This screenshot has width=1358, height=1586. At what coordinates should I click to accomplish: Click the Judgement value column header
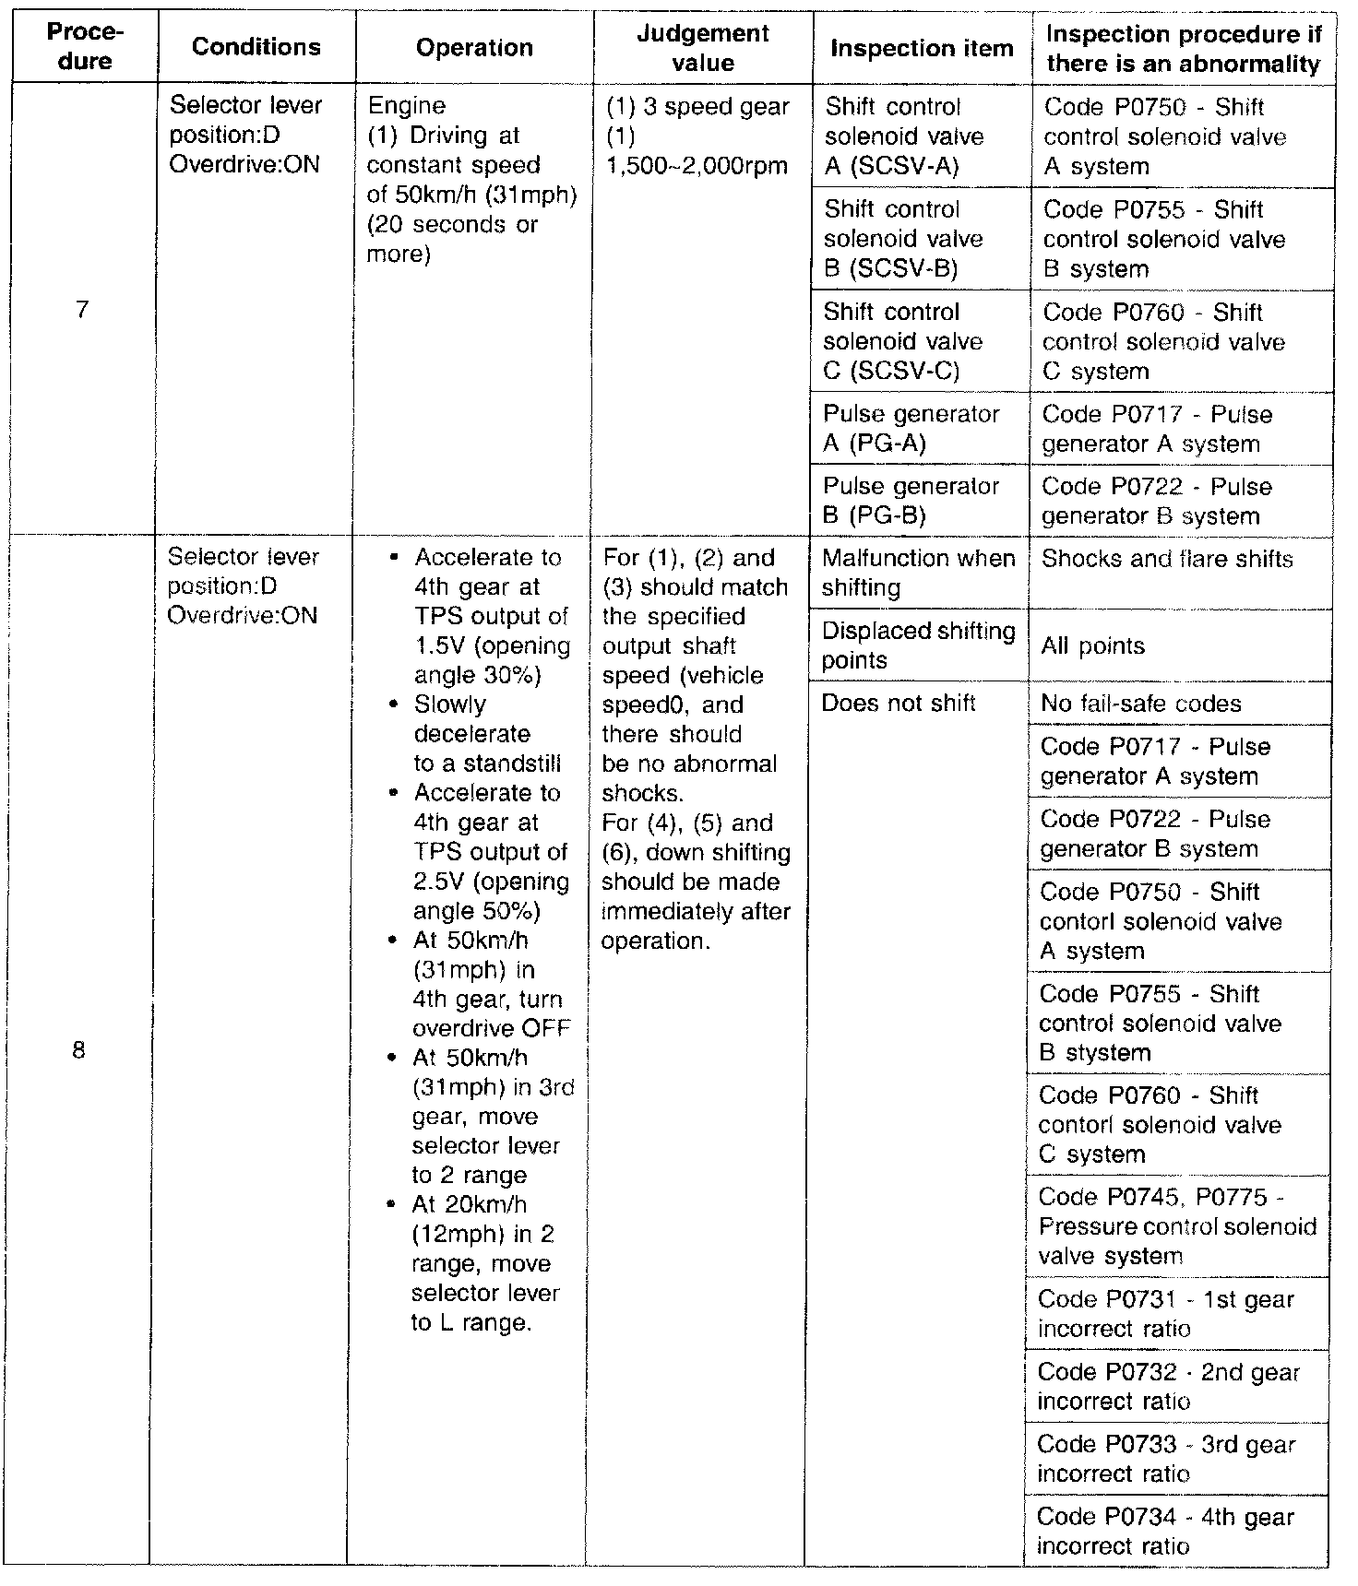tap(703, 48)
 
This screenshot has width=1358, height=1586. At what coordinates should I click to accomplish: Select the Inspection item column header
tap(921, 48)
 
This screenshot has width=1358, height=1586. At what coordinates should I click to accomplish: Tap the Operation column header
tap(474, 48)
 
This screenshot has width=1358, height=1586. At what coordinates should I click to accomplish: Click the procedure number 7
tap(82, 309)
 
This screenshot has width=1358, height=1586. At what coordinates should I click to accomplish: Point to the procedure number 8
tap(78, 1049)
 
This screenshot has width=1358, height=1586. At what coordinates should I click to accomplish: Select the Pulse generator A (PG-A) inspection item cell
tap(911, 429)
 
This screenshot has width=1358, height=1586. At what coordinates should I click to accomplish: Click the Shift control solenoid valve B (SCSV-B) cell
tap(903, 239)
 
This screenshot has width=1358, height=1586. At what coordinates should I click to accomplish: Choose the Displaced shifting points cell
tap(918, 645)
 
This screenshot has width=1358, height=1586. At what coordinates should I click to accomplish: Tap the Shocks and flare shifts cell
tap(1166, 559)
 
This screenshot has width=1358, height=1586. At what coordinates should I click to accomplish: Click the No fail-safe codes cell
tap(1140, 704)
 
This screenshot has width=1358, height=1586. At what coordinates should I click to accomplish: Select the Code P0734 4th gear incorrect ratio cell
tap(1165, 1531)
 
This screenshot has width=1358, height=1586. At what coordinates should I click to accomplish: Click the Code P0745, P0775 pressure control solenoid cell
tap(1176, 1226)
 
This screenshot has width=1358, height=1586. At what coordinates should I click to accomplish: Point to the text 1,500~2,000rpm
tap(697, 166)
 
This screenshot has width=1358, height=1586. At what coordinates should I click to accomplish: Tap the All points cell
tap(1092, 645)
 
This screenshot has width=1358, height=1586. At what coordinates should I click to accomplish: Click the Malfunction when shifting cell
tap(918, 573)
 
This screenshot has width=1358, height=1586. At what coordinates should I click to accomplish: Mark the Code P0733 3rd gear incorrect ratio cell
tap(1165, 1459)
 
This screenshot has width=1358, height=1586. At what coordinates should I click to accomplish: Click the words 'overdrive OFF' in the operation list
tap(492, 1028)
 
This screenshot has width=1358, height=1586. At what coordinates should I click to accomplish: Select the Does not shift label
tap(898, 704)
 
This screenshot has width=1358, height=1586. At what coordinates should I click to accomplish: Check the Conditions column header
tap(256, 48)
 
